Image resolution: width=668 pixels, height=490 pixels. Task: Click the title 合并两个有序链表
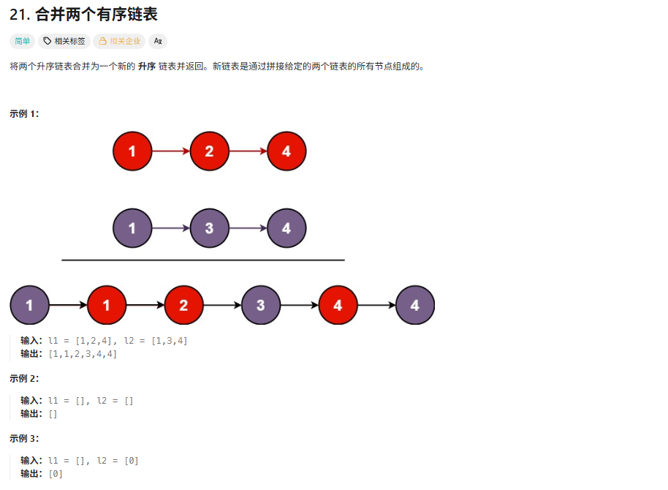click(x=83, y=15)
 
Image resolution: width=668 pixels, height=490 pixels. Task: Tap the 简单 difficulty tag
click(x=22, y=41)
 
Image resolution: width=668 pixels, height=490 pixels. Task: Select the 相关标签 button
click(x=64, y=41)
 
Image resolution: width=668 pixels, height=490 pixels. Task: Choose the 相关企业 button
click(x=119, y=41)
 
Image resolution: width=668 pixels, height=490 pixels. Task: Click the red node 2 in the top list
click(x=209, y=152)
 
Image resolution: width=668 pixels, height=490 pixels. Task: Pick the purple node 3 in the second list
click(x=209, y=228)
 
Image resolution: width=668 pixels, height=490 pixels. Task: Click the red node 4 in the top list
click(x=286, y=152)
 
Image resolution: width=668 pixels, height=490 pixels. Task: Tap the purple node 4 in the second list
click(x=286, y=228)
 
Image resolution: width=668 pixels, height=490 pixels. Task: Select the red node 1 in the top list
click(x=132, y=152)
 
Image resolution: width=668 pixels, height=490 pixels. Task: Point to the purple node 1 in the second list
click(x=132, y=228)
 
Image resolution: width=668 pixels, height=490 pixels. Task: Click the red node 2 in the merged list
click(x=183, y=305)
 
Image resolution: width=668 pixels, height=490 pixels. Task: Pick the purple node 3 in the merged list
click(x=261, y=305)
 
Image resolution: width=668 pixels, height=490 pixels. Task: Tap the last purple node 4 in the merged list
click(x=415, y=305)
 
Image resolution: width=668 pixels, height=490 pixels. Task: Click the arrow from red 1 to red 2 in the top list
click(x=170, y=152)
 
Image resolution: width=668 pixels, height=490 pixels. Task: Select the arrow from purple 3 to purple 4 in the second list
click(x=248, y=228)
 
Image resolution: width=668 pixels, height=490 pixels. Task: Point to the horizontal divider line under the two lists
click(x=202, y=260)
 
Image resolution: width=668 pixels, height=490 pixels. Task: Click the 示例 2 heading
click(x=24, y=378)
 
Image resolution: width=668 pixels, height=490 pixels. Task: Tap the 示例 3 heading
click(x=24, y=438)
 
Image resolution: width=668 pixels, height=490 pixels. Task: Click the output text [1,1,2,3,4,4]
click(x=83, y=354)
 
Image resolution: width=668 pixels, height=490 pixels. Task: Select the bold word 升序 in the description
click(x=147, y=66)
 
